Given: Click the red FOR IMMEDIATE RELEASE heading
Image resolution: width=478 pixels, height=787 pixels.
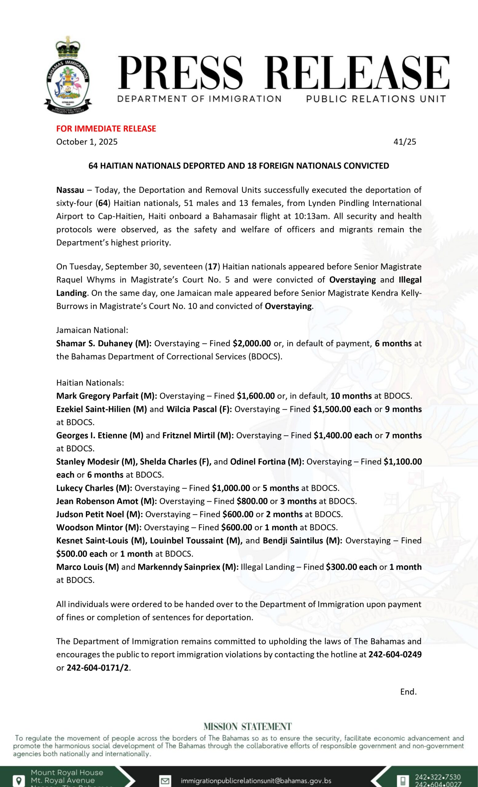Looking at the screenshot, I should click(106, 129).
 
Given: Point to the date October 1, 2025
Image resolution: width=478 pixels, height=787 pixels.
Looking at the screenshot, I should click(87, 142).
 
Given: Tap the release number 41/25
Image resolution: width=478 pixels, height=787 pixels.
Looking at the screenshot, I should click(405, 142).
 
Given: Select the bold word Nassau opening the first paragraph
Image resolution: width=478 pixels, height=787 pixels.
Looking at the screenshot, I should click(70, 190).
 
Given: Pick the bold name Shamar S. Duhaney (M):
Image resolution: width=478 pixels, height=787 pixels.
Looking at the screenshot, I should click(104, 343).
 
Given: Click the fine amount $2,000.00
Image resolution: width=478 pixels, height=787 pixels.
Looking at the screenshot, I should click(252, 343).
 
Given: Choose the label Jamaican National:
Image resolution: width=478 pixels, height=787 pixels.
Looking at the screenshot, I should click(92, 330).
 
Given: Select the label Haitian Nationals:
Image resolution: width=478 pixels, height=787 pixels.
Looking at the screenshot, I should click(90, 383).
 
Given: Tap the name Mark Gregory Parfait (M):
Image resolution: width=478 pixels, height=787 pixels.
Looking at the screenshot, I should click(107, 396).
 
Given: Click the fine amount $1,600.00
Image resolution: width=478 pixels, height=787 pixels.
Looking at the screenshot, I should click(256, 396).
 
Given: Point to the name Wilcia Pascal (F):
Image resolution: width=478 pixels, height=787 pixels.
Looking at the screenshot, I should click(199, 409).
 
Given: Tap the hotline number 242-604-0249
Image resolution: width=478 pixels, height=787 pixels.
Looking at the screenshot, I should click(395, 655).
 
